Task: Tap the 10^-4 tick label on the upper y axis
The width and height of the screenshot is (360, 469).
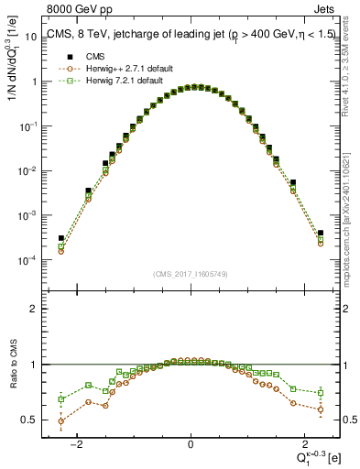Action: [27, 260]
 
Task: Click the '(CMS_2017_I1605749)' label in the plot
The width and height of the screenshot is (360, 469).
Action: [191, 273]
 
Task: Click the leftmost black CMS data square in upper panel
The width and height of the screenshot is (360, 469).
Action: [61, 238]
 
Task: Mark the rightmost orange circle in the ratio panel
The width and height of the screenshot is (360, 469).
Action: [321, 409]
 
